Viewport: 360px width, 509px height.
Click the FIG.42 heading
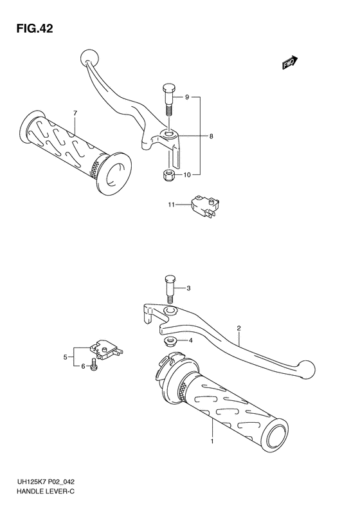click(34, 29)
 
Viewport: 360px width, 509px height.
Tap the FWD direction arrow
click(290, 62)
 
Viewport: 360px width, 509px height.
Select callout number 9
click(187, 97)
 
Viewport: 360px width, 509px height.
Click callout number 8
click(211, 136)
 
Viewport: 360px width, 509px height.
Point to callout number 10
click(187, 175)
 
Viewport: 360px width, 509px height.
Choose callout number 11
click(171, 205)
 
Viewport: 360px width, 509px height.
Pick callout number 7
click(75, 113)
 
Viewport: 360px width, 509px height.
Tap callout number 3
click(188, 288)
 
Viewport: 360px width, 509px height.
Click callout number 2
click(239, 328)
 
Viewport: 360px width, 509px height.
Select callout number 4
click(190, 340)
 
